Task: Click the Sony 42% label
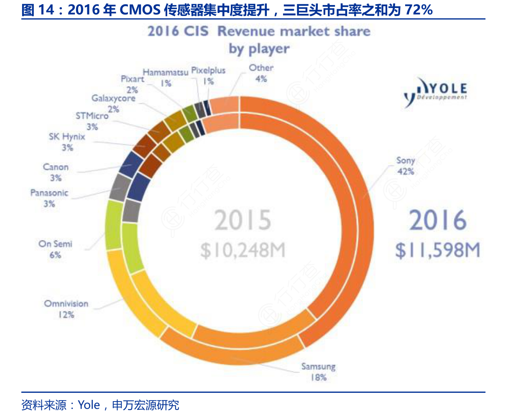tap(405, 166)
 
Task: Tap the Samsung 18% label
tap(318, 372)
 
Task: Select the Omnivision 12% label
tap(66, 309)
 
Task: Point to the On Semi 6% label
tap(55, 249)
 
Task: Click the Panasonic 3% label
tap(49, 198)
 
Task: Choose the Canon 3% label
tap(56, 172)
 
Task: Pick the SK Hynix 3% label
tap(67, 142)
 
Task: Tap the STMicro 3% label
tap(92, 121)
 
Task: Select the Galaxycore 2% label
tap(113, 103)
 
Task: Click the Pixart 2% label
tap(132, 84)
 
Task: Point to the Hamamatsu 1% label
tap(166, 77)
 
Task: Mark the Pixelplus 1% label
tap(208, 76)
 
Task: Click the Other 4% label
tap(261, 73)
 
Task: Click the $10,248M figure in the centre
tap(243, 250)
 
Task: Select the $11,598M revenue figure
tap(437, 250)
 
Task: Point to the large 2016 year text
tap(437, 220)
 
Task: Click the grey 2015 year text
tap(243, 220)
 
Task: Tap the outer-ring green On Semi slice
tap(113, 225)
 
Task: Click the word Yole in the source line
tap(89, 405)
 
